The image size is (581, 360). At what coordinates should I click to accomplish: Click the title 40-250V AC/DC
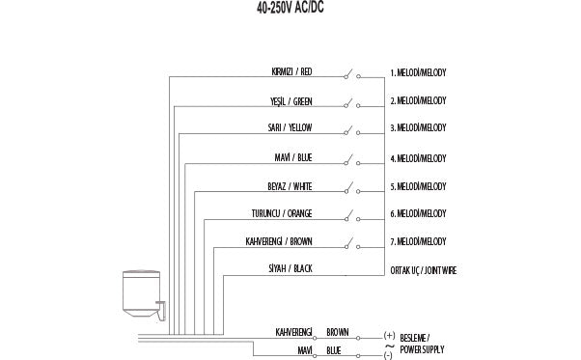pyautogui.click(x=290, y=7)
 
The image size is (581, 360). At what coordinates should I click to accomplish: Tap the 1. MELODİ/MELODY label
pyautogui.click(x=418, y=72)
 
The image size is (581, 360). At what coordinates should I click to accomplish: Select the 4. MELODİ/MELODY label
pyautogui.click(x=418, y=157)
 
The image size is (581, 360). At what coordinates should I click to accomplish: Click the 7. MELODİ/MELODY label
pyautogui.click(x=418, y=241)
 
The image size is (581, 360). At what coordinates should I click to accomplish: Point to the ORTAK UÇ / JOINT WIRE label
pyautogui.click(x=423, y=270)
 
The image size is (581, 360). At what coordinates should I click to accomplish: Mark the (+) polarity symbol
pyautogui.click(x=389, y=336)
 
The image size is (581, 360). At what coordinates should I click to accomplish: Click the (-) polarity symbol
pyautogui.click(x=388, y=355)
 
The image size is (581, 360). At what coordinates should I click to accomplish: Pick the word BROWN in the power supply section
pyautogui.click(x=338, y=332)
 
